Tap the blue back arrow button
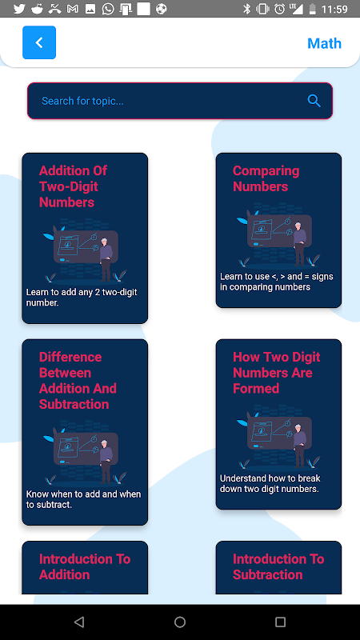tap(39, 42)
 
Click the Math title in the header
tap(324, 43)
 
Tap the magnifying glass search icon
tap(314, 101)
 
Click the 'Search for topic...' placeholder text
tap(83, 101)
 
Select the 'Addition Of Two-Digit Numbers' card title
tap(73, 186)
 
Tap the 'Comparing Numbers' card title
tap(266, 178)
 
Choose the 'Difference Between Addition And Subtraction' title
tap(78, 381)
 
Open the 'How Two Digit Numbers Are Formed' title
tap(276, 373)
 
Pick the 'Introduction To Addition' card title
tap(85, 566)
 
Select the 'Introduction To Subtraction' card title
tap(278, 566)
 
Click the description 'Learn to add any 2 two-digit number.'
tap(82, 298)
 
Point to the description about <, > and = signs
tap(277, 282)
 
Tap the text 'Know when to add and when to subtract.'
tap(84, 499)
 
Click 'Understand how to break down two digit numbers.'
tap(270, 483)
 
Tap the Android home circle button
tap(180, 622)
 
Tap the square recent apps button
tap(280, 622)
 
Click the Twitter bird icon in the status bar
tap(19, 9)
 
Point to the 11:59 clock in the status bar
tap(334, 9)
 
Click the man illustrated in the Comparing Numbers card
tap(299, 244)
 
